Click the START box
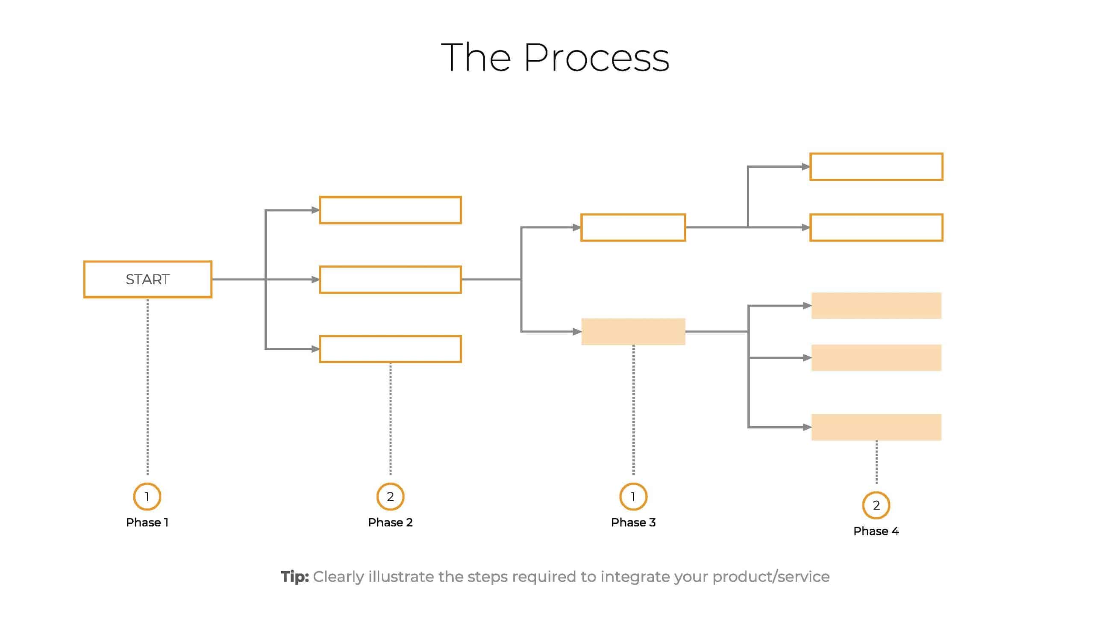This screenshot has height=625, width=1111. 147,279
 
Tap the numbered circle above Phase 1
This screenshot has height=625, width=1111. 147,496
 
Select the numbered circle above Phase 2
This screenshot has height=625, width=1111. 390,496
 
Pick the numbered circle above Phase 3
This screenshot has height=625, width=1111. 633,496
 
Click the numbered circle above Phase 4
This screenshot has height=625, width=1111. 876,505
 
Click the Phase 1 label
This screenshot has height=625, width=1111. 147,522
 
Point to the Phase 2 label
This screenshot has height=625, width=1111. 390,522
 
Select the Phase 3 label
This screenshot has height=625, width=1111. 633,522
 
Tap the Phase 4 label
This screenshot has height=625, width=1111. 876,531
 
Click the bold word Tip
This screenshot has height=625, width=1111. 294,577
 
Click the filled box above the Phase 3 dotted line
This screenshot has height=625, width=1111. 633,332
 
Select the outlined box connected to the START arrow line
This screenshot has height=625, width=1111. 390,280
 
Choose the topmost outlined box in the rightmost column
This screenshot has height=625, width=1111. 876,166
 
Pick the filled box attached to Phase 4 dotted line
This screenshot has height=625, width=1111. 876,427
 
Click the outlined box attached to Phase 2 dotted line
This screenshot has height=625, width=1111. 390,349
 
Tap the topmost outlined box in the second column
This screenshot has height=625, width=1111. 390,210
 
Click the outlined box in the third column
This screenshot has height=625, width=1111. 633,227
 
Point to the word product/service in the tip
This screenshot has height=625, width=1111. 771,577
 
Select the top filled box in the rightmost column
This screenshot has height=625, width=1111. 876,305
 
